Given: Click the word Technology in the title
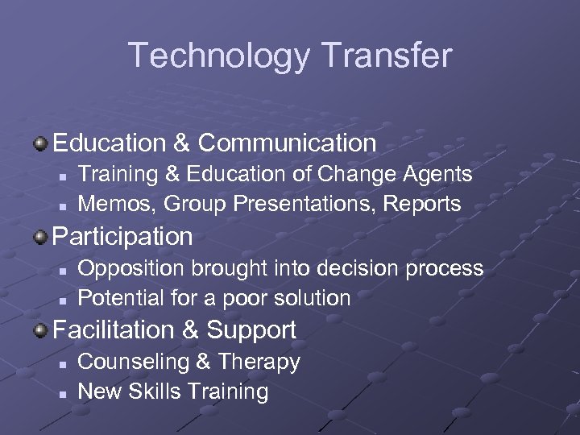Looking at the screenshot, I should point(216,56).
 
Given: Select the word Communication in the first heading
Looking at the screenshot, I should point(288,143).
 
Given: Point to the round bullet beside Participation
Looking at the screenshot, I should point(40,237).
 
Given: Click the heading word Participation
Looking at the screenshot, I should point(123,237).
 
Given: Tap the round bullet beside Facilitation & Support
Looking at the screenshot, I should point(40,330).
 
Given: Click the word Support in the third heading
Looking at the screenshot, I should point(251,330).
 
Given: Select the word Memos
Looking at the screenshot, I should point(116,205).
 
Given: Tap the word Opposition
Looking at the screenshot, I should point(126,267).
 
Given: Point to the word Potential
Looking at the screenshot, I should point(119,298).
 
